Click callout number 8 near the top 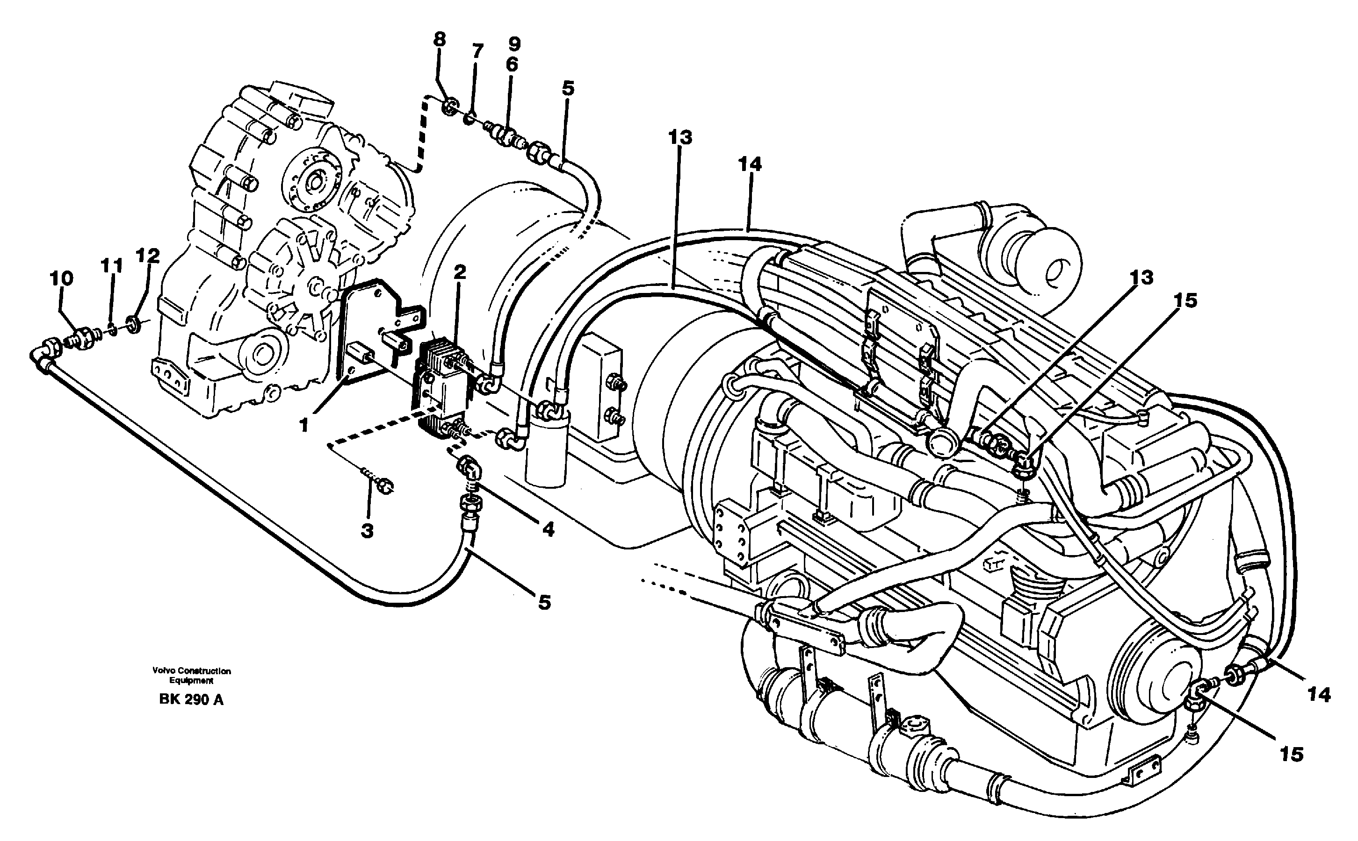coord(440,40)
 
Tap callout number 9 coord(514,44)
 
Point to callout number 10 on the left coord(62,278)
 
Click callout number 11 coord(111,266)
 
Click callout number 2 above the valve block coord(460,272)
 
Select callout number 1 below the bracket coord(304,426)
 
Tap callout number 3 coord(367,531)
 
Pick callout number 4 coord(548,529)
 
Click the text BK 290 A coord(191,700)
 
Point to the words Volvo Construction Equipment coord(191,675)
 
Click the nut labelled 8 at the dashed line coord(451,106)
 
